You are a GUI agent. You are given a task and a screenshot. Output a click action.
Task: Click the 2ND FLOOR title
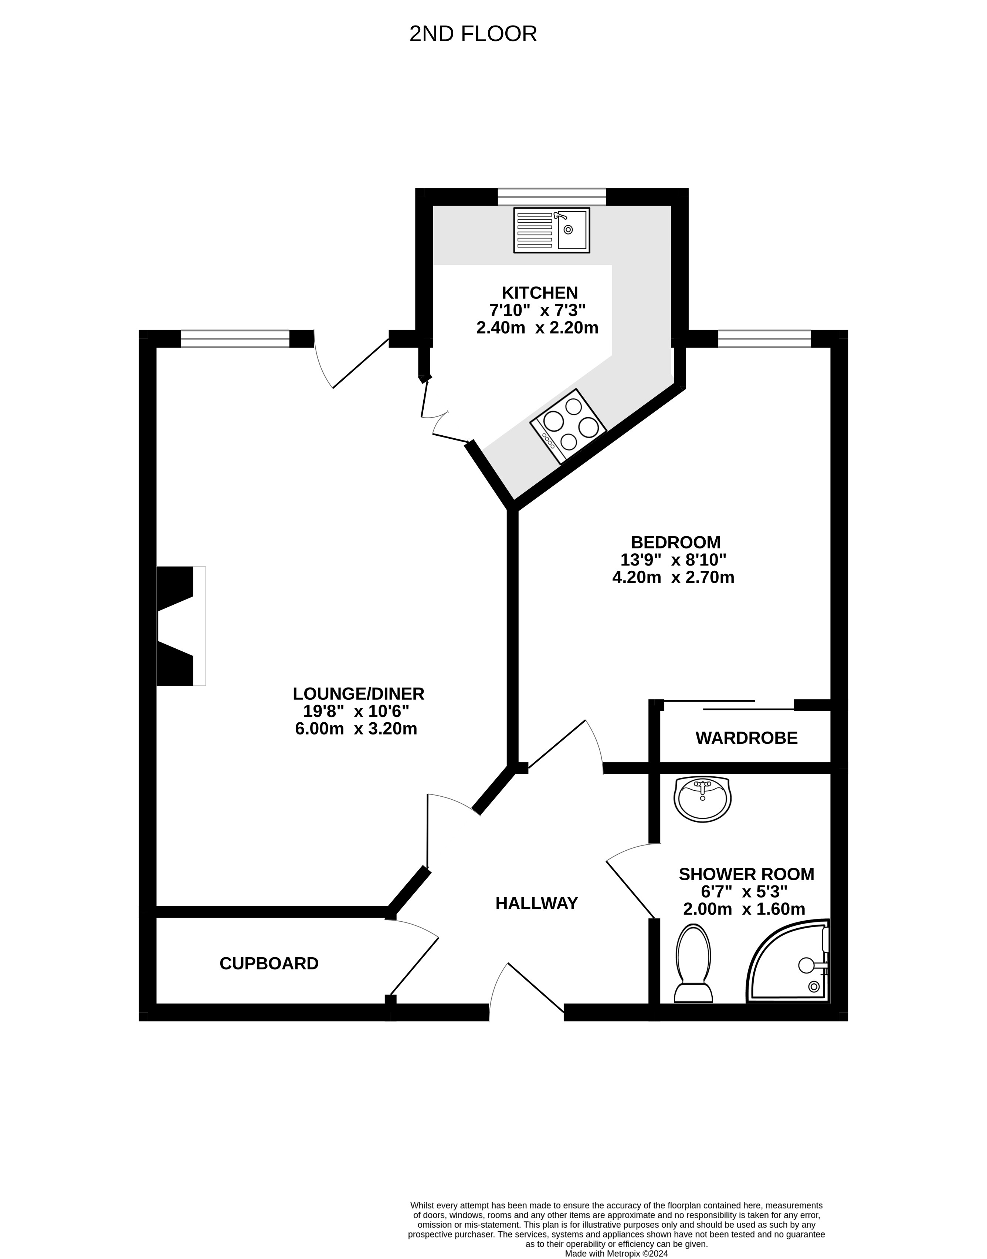click(473, 34)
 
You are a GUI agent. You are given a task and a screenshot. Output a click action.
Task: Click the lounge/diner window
click(235, 339)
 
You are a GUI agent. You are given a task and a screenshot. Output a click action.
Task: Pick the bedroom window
click(764, 339)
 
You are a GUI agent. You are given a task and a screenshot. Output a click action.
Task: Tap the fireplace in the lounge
click(181, 626)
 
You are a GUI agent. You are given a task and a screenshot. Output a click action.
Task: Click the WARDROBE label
click(747, 738)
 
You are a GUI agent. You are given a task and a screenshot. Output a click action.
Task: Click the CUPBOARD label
click(269, 963)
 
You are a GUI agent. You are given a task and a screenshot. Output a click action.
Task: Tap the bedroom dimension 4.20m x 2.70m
click(673, 577)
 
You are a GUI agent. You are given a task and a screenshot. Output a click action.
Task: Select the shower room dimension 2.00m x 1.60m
click(744, 909)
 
